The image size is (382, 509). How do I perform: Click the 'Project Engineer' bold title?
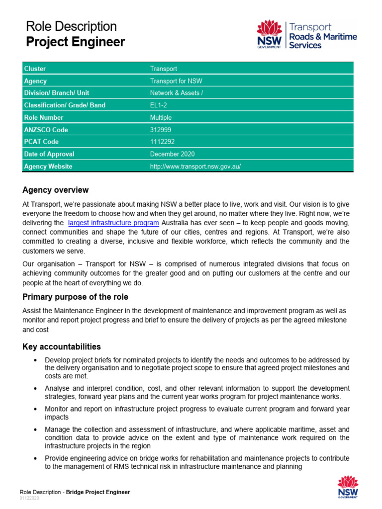click(x=75, y=43)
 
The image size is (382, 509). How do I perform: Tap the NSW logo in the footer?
click(x=348, y=487)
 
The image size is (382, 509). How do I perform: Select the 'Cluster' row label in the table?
click(x=35, y=69)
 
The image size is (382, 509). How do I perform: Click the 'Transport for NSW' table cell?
click(x=176, y=81)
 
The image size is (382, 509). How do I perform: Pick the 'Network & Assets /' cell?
click(x=177, y=93)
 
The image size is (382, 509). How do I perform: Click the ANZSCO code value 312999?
click(x=161, y=130)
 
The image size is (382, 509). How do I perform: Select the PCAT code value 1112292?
click(x=162, y=142)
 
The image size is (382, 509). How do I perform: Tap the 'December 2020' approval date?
click(x=172, y=154)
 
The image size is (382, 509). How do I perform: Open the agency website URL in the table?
click(x=195, y=167)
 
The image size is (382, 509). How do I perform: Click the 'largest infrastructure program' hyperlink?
click(x=113, y=223)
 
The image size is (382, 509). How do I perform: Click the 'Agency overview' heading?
click(x=56, y=190)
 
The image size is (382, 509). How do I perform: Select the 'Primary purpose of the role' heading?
click(x=75, y=297)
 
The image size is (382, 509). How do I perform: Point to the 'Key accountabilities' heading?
click(x=62, y=346)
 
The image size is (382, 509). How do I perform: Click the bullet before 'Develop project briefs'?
click(x=34, y=360)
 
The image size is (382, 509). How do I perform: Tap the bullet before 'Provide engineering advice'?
click(x=34, y=458)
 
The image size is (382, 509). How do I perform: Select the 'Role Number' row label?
click(x=44, y=117)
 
